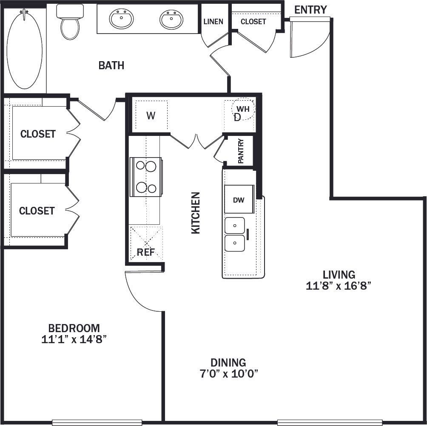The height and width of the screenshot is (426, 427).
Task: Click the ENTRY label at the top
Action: (310, 9)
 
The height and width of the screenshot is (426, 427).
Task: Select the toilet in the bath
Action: (69, 24)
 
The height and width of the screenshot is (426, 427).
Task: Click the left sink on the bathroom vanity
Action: (122, 19)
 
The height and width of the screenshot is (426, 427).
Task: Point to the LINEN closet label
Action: (213, 21)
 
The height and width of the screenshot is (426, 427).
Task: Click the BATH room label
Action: (111, 65)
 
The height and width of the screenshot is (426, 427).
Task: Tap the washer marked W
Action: (151, 116)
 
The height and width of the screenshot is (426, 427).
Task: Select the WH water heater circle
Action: (243, 109)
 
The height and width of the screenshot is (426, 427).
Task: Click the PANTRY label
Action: (241, 151)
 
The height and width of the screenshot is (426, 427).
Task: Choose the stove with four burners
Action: (145, 177)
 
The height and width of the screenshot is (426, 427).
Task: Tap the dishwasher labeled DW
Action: (239, 200)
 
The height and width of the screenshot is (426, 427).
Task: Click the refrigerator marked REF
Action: (146, 251)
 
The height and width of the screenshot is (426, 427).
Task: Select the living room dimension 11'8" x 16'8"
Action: (339, 286)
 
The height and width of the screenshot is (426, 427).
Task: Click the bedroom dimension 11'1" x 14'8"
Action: (74, 339)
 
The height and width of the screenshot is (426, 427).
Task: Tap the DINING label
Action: (228, 363)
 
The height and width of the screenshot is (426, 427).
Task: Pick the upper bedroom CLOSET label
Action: (38, 134)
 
